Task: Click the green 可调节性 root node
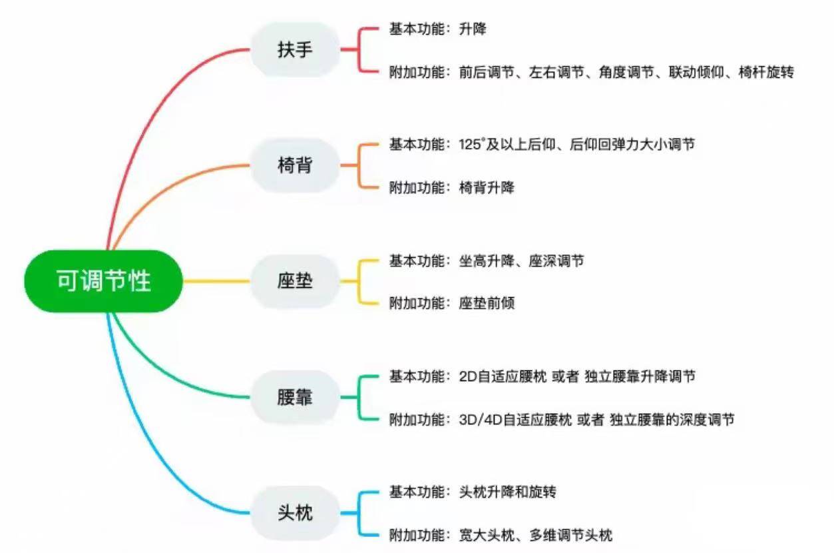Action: [103, 281]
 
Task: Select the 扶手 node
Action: [295, 49]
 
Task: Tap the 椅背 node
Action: [295, 165]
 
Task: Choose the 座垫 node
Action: [295, 281]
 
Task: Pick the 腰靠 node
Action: [295, 398]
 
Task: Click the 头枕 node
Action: [295, 514]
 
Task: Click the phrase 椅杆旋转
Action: [766, 72]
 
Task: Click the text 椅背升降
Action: [487, 188]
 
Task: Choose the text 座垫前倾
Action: [487, 304]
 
